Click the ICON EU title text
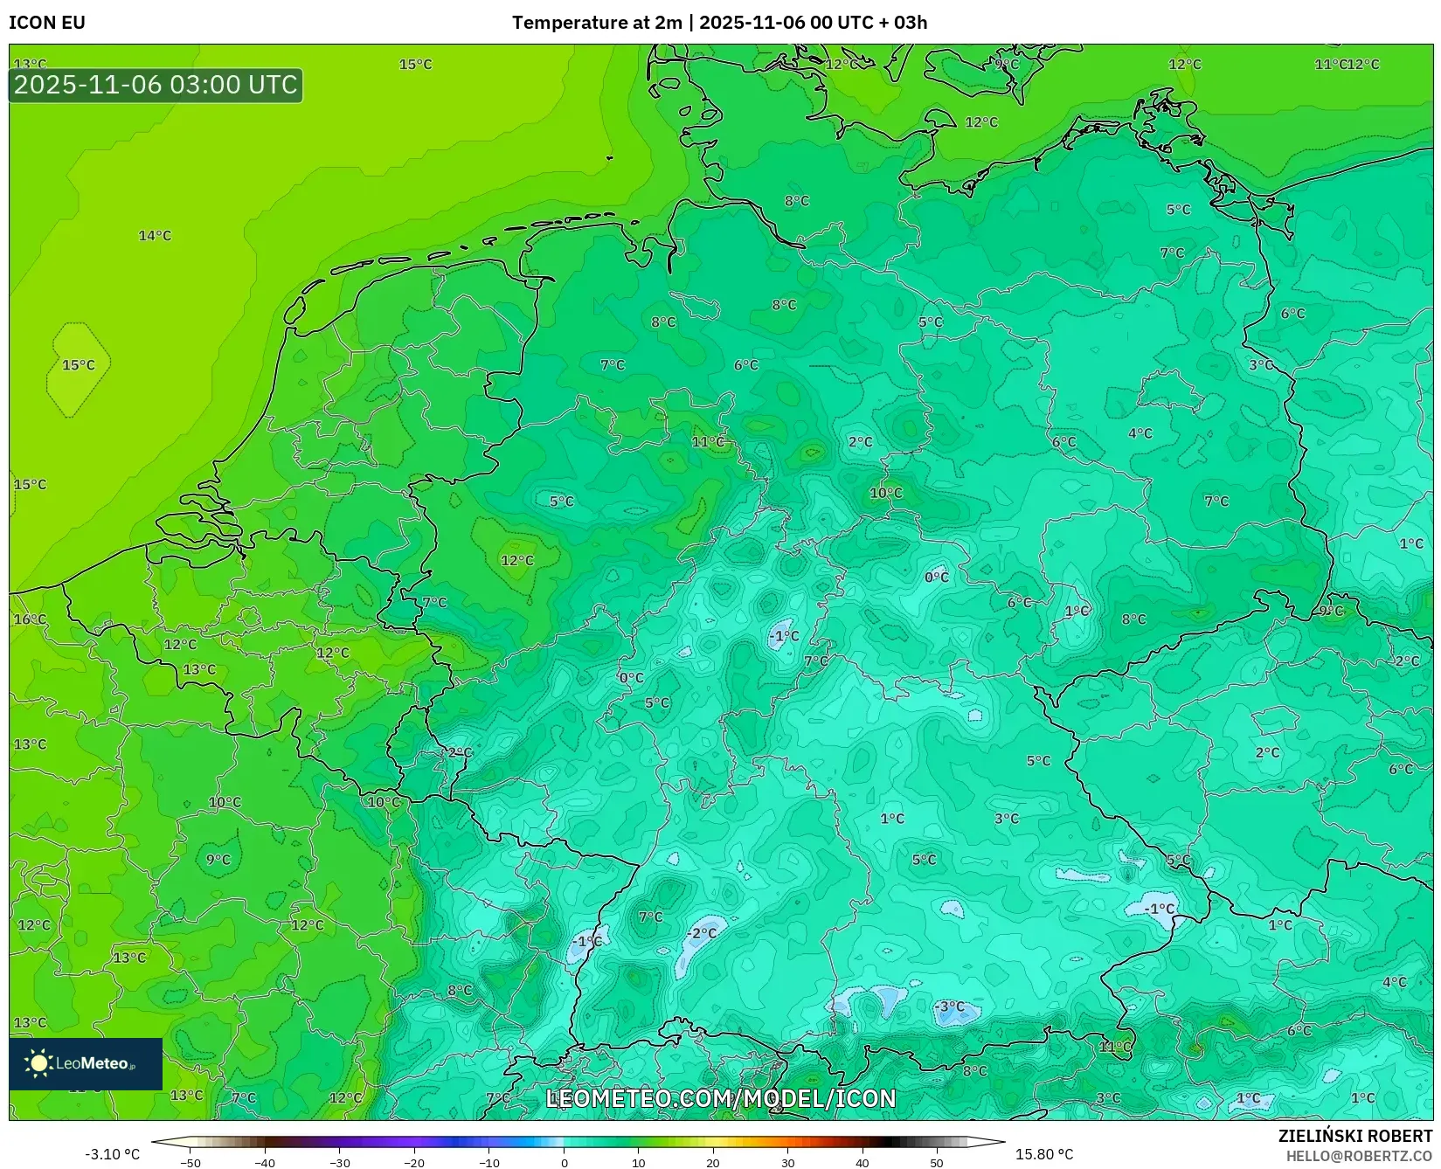point(47,23)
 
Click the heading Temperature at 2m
point(596,23)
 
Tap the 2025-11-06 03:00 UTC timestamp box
point(156,85)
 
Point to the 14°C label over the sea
point(155,236)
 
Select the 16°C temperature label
point(30,619)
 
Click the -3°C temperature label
point(949,1006)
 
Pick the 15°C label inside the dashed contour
point(78,365)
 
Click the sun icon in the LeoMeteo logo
point(38,1063)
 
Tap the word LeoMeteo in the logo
point(93,1063)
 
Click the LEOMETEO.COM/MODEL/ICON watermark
point(720,1098)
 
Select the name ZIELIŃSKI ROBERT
point(1355,1136)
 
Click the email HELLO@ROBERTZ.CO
point(1358,1156)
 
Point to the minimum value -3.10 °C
point(112,1154)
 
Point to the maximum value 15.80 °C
point(1043,1154)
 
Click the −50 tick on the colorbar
point(191,1163)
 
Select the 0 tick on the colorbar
point(564,1163)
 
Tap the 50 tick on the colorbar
point(937,1163)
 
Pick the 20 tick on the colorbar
point(713,1163)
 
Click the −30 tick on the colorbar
point(340,1163)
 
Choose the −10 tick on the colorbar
point(489,1163)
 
